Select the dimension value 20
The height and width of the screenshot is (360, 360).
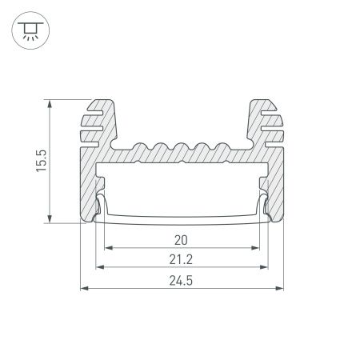point(181,239)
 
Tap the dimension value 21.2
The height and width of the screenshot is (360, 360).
point(181,259)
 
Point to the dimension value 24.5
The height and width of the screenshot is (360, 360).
point(181,279)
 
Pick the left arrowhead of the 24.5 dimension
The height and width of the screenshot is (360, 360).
point(83,288)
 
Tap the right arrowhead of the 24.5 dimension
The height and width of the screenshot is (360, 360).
point(281,288)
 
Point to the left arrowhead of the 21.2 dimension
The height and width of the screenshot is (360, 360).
point(99,268)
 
